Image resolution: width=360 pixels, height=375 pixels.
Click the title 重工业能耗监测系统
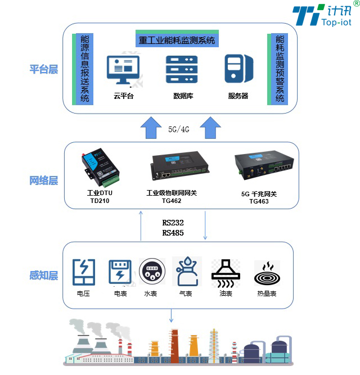coord(177,40)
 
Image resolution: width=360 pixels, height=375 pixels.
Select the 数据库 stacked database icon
coord(182,69)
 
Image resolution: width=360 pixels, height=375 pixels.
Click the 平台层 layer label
coord(44,70)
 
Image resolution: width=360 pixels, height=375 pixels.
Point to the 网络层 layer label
coord(44,180)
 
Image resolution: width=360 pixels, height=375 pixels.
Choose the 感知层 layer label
coord(44,275)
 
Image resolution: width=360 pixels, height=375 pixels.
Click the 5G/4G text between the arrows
coord(179,129)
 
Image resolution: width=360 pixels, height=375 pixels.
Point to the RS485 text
coord(173,233)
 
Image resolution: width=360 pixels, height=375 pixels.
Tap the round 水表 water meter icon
coord(151,273)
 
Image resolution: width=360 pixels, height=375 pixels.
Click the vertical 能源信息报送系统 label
coord(85,69)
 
